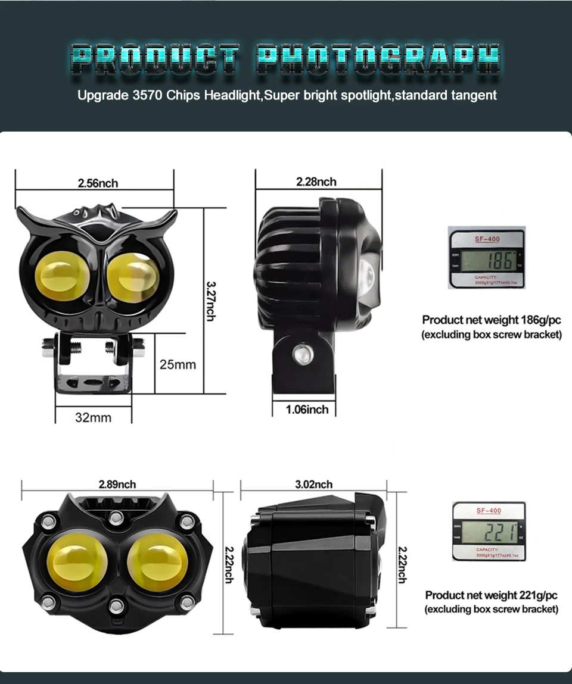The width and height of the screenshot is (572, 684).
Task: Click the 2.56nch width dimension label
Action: (98, 183)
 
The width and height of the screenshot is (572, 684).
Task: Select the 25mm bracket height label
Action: (178, 364)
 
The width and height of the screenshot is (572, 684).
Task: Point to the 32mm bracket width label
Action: (93, 417)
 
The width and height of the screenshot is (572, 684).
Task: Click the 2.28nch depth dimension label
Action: (316, 182)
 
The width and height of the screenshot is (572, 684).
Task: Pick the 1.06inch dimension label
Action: (307, 410)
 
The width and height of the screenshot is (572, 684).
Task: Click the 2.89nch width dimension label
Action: (117, 484)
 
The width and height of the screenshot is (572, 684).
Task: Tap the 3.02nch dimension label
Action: (313, 485)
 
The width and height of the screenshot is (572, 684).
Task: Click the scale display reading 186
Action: (487, 260)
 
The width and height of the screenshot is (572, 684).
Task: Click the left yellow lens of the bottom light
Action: (77, 562)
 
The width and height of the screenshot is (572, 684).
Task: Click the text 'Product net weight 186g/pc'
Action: (492, 320)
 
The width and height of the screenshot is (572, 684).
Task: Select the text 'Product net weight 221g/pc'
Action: (492, 595)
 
